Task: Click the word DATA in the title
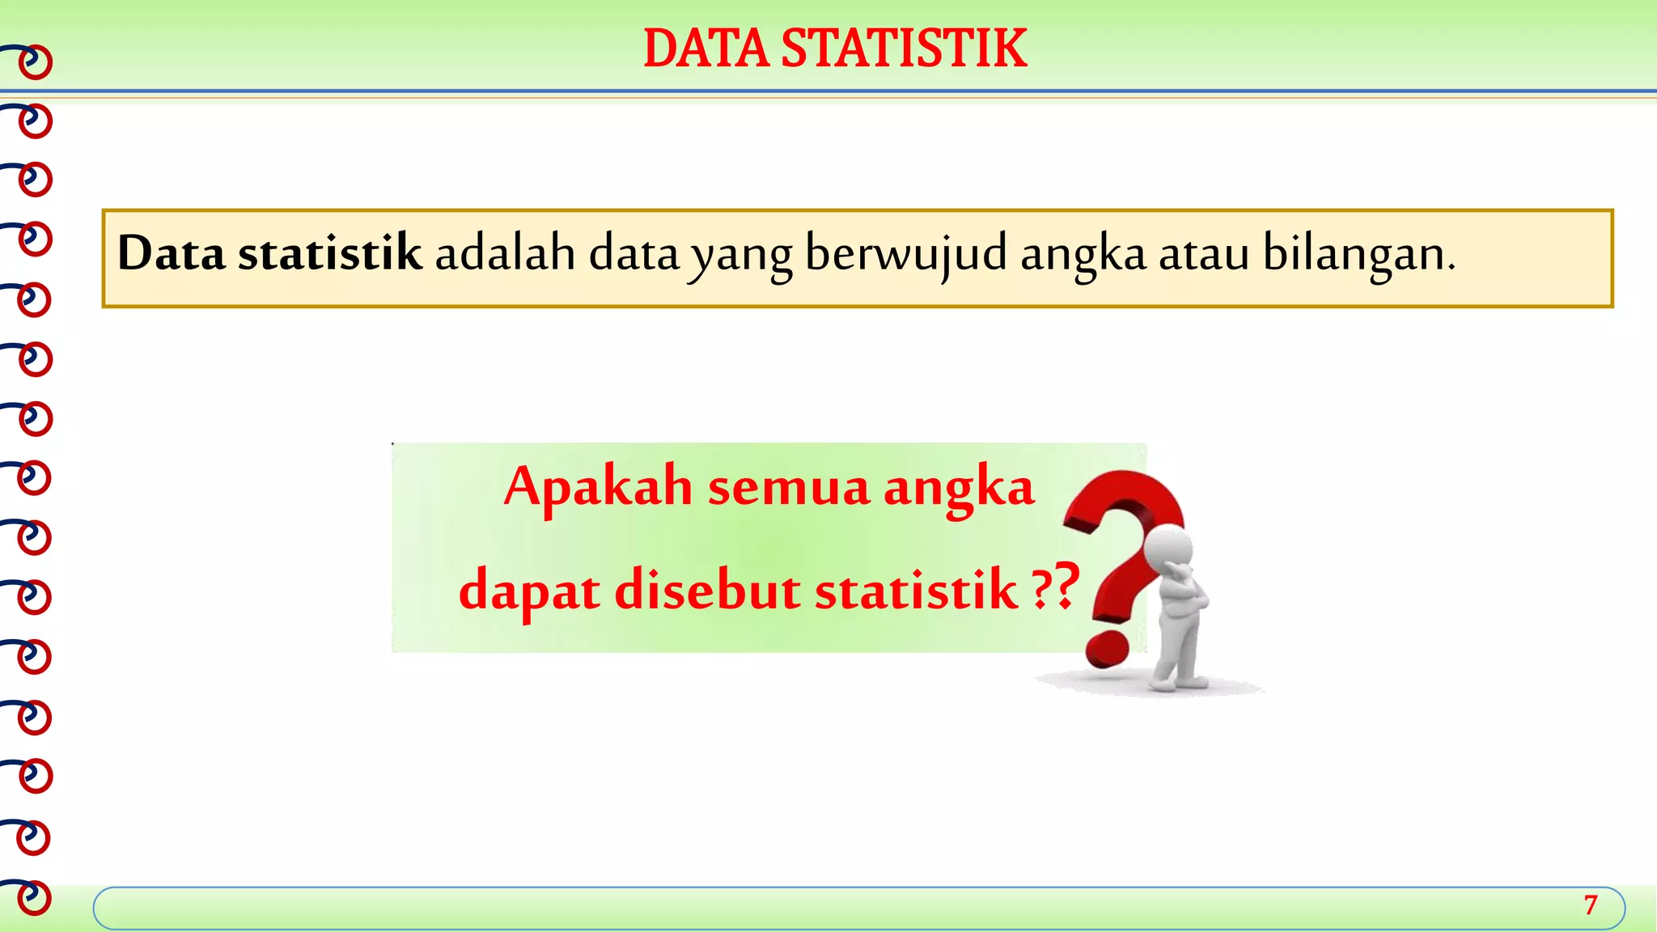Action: pyautogui.click(x=706, y=49)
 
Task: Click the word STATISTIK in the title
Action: pyautogui.click(x=904, y=49)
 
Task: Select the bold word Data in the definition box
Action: pyautogui.click(x=171, y=253)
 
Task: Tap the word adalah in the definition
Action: pyautogui.click(x=505, y=253)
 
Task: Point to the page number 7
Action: pyautogui.click(x=1591, y=904)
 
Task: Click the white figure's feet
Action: pyautogui.click(x=1177, y=682)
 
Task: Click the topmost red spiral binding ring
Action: pyautogui.click(x=35, y=63)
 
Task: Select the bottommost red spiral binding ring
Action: pyautogui.click(x=34, y=898)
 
